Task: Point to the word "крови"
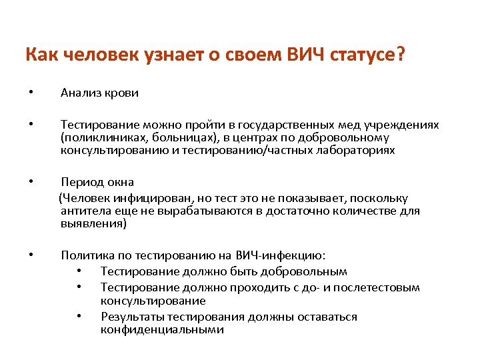(121, 93)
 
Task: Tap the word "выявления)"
(93, 223)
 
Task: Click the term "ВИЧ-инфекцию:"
(281, 255)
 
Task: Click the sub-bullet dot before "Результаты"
(79, 317)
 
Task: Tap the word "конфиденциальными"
(163, 329)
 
